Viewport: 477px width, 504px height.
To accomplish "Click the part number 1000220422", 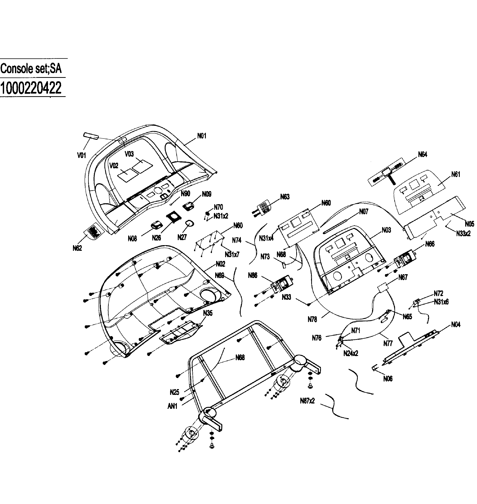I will [x=31, y=88].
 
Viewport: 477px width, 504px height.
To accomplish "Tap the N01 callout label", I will [x=202, y=136].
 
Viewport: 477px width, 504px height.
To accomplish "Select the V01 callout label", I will [x=82, y=155].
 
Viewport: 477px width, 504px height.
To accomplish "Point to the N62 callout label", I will [x=77, y=248].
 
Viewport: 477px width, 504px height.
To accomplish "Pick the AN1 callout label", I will [x=172, y=406].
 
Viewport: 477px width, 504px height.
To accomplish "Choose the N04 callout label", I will [x=455, y=325].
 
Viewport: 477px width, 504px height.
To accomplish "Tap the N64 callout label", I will [x=423, y=154].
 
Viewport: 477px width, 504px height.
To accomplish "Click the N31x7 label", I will [x=232, y=254].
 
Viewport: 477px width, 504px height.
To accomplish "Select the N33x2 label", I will [x=463, y=233].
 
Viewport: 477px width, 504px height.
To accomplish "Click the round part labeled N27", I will [x=190, y=223].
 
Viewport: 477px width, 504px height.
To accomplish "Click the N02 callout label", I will [x=220, y=264].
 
